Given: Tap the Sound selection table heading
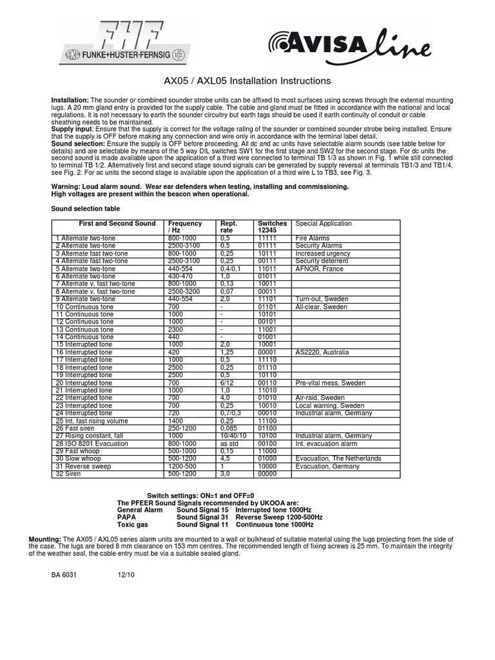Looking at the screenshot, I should (x=85, y=209).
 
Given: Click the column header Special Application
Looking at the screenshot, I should (x=324, y=224).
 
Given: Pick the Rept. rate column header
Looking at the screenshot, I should (x=229, y=227).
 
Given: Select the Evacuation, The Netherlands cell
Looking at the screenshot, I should (x=338, y=458).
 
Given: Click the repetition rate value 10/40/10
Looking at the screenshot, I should (x=233, y=436).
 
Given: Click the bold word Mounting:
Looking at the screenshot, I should (x=45, y=538).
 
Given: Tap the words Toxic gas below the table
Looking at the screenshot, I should (x=133, y=525).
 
